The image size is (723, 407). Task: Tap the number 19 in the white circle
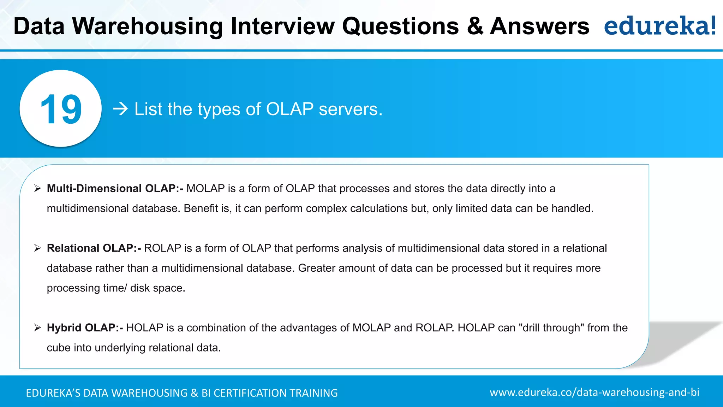click(61, 109)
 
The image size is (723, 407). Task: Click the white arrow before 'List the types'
click(120, 109)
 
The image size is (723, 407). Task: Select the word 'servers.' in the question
click(351, 109)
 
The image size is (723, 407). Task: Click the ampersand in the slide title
click(475, 26)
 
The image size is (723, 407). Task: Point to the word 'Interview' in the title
click(282, 26)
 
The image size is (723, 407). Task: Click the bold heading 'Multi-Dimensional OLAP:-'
click(115, 189)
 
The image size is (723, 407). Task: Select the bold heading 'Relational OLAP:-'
click(94, 248)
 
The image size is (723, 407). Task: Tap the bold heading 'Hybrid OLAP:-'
click(85, 328)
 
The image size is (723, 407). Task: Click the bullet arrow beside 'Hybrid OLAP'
click(37, 328)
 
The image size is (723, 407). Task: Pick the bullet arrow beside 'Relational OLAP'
click(37, 248)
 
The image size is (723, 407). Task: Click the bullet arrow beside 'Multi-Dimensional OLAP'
click(37, 189)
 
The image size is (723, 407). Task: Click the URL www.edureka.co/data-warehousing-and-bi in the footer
click(594, 393)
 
